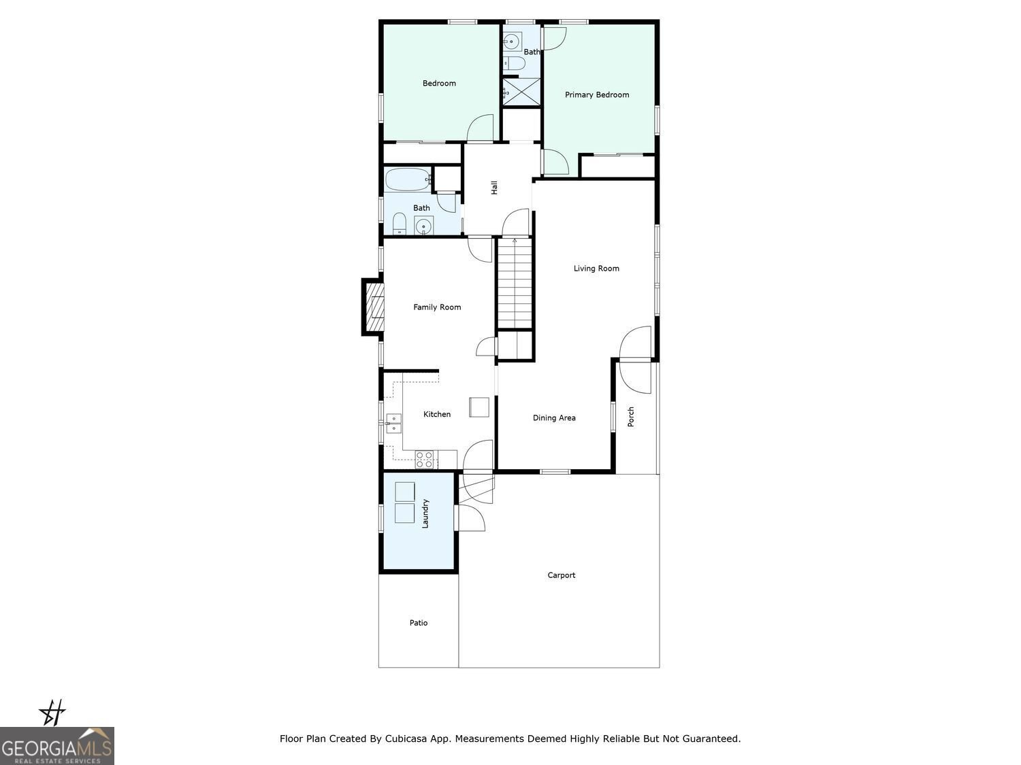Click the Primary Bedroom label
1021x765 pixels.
[x=597, y=95]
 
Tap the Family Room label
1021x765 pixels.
[x=437, y=307]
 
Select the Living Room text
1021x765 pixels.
[x=596, y=269]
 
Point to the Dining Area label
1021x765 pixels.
[x=554, y=418]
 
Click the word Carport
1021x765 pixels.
[x=562, y=575]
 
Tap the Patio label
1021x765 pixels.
[x=419, y=623]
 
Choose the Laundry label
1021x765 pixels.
[x=425, y=514]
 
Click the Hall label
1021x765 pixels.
[x=495, y=188]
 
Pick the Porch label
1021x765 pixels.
[x=631, y=417]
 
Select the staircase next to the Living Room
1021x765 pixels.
[x=515, y=284]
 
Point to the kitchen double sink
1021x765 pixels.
[x=393, y=423]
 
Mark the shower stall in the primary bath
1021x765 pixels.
[x=521, y=91]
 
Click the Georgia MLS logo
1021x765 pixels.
[x=57, y=746]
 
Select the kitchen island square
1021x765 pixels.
[x=479, y=407]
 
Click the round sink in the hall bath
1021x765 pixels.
[x=424, y=225]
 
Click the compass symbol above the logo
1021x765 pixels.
[x=52, y=713]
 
